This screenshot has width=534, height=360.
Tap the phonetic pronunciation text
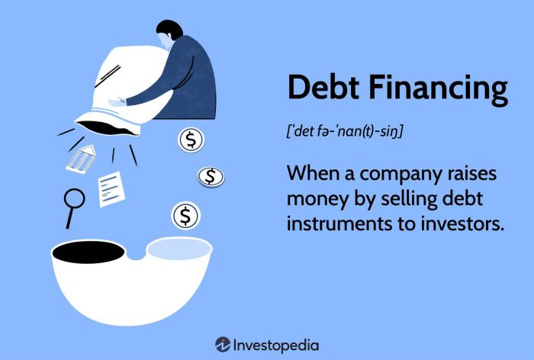pos(345,130)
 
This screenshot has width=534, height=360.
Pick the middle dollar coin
pos(211,177)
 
